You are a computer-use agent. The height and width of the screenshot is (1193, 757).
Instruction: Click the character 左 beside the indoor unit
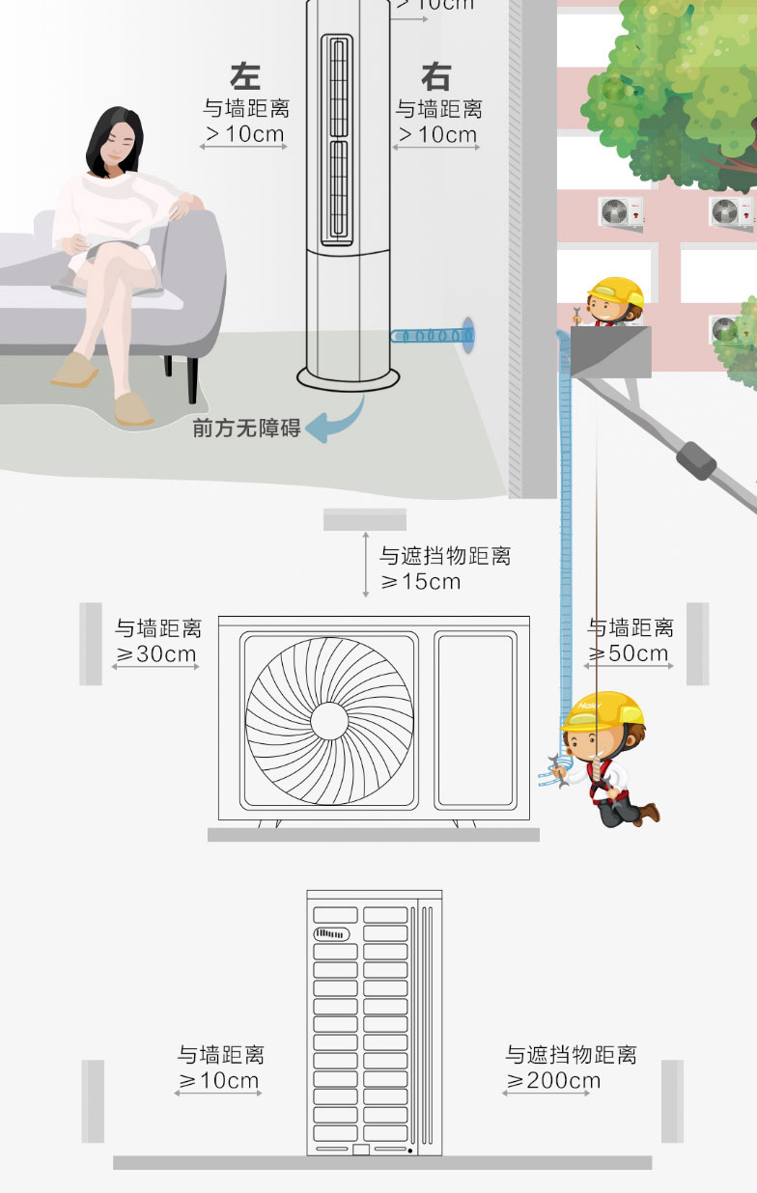pos(245,76)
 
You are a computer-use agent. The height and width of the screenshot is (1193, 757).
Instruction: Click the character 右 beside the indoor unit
pos(436,76)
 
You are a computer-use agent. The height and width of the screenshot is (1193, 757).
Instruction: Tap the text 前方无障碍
pos(247,428)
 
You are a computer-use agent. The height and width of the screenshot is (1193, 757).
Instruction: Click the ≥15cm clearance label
pos(421,582)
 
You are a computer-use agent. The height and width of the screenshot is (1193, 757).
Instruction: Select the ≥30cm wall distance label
pos(156,653)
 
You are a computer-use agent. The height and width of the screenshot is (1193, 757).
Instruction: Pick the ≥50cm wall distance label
pos(629,653)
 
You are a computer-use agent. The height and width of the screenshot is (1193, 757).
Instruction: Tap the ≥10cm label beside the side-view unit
pos(219,1080)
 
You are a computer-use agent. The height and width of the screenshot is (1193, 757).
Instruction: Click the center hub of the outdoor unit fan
pos(329,721)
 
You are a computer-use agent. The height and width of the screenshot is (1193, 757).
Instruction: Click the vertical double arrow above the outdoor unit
pos(365,564)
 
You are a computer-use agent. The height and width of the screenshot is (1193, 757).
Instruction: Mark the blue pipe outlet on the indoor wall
pos(467,333)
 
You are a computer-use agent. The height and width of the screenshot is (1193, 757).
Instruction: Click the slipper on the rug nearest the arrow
pos(133,410)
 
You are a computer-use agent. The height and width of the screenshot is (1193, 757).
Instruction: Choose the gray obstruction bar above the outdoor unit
pos(364,519)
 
